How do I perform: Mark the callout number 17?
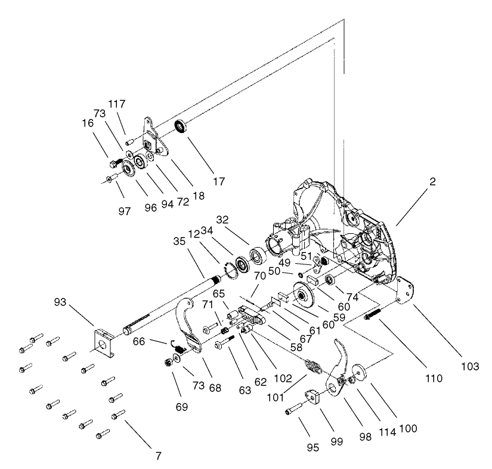219,181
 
